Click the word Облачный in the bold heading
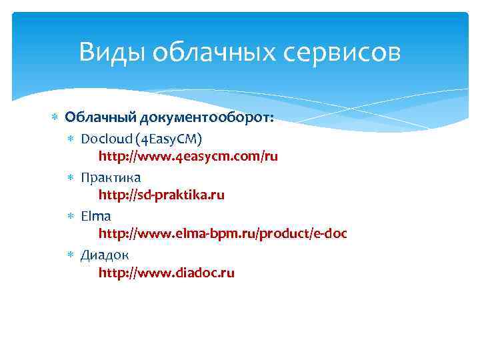100,118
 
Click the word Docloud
105,138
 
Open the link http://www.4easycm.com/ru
188,157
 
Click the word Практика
111,177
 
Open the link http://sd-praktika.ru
161,195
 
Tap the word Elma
96,215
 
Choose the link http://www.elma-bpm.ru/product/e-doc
223,234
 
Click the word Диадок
105,254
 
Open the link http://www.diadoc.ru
167,273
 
